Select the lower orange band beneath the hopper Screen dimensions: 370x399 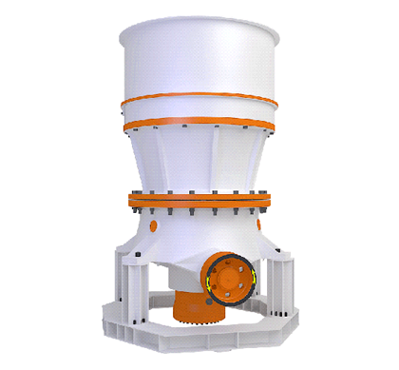click(x=199, y=124)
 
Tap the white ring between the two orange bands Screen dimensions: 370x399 click(x=199, y=112)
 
